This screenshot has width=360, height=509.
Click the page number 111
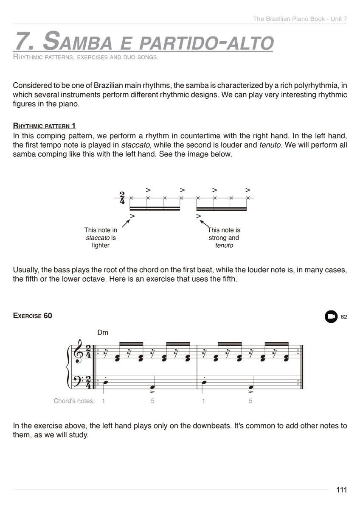click(x=341, y=490)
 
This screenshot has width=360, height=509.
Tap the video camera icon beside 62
click(x=331, y=316)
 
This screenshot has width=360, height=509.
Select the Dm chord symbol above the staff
click(x=103, y=333)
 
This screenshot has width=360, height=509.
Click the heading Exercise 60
click(x=33, y=316)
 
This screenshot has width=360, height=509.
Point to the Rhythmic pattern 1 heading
click(x=45, y=126)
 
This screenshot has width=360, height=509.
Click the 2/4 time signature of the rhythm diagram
click(x=122, y=198)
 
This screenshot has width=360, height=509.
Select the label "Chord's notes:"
click(x=74, y=401)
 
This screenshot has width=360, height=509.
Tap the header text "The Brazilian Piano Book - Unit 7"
click(x=300, y=19)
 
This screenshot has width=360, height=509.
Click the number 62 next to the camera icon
click(x=344, y=317)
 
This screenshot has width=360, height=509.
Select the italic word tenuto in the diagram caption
click(x=224, y=245)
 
